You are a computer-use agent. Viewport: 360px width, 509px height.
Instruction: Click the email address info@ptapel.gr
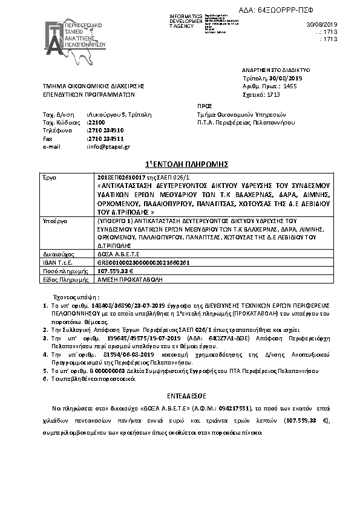point(109,147)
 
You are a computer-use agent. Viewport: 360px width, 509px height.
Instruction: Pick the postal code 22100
point(97,122)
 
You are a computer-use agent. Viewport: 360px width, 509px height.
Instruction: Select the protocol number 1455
point(290,86)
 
